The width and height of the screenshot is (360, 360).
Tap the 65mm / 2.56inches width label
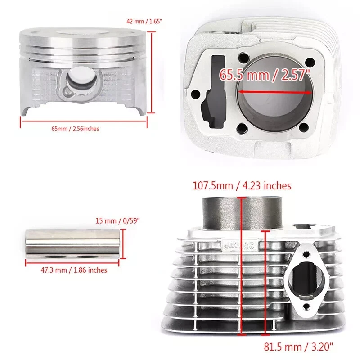75,129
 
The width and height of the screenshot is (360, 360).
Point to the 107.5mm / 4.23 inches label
242,185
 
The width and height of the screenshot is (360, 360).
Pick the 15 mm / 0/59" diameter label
118,220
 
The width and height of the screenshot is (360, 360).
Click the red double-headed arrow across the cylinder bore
275,91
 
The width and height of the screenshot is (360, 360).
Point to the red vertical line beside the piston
152,72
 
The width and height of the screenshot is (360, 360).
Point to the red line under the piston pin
73,263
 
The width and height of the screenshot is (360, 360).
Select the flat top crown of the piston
84,31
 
